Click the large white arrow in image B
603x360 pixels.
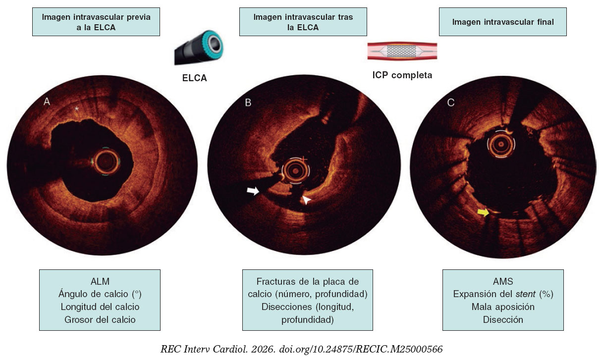253,191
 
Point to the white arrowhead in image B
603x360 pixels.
308,200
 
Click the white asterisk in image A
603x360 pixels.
76,108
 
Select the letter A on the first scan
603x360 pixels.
47,102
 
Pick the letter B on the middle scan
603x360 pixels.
248,103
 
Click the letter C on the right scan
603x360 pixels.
450,103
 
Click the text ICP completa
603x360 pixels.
402,76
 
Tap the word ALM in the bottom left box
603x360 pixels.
100,281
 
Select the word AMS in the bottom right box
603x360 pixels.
502,281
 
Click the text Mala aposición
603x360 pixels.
502,307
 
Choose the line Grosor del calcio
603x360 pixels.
100,319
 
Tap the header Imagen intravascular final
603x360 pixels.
502,22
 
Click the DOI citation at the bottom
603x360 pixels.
301,349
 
